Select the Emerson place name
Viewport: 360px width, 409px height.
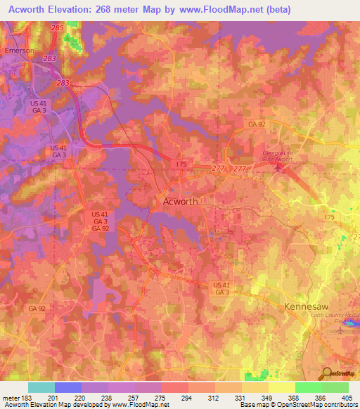(19, 51)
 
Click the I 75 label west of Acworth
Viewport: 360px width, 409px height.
(181, 163)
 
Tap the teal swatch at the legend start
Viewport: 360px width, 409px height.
(41, 387)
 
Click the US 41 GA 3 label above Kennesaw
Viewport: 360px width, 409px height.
(221, 288)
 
